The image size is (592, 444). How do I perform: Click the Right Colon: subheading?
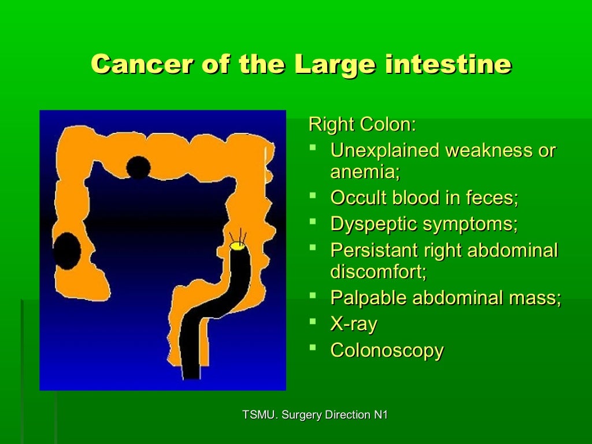[x=362, y=124]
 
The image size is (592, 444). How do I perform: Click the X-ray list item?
[x=353, y=324]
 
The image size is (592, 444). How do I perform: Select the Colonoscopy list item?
[x=387, y=350]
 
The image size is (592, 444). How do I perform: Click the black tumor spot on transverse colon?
[x=138, y=168]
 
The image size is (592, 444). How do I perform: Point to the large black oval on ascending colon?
[x=67, y=250]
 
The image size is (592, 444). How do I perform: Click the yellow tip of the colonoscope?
[x=238, y=246]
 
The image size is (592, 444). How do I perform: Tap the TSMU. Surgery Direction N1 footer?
[x=315, y=415]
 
